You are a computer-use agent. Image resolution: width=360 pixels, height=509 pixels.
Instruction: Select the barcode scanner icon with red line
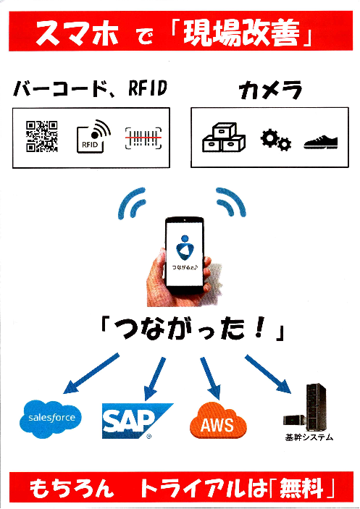click(x=143, y=136)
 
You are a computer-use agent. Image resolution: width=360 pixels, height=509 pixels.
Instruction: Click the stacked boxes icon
click(x=223, y=137)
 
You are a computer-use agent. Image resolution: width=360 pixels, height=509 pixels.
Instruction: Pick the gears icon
click(x=275, y=140)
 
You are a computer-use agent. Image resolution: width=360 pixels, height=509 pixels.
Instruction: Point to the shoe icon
click(x=322, y=140)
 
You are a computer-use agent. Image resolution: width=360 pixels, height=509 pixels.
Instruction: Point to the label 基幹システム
click(x=309, y=437)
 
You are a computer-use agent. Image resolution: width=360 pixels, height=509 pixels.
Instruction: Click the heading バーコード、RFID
click(x=90, y=91)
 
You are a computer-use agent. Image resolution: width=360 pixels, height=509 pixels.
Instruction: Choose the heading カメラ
click(x=271, y=91)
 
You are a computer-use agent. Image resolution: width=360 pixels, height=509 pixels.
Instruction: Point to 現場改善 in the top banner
click(x=246, y=33)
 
